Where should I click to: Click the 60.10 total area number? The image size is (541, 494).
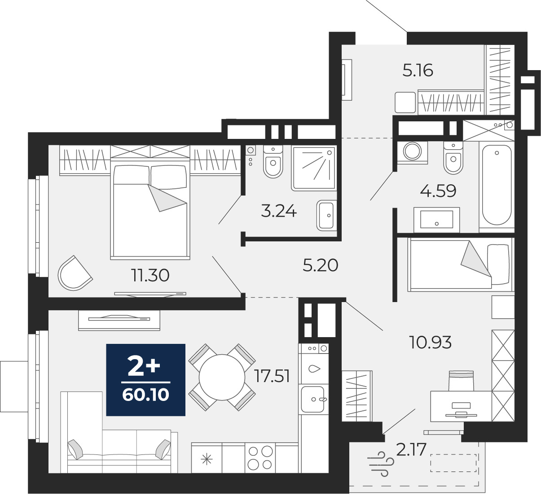[145, 395]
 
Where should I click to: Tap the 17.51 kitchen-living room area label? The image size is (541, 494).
[273, 376]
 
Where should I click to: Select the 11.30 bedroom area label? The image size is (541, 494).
[150, 276]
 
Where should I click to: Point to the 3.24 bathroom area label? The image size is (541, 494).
[279, 211]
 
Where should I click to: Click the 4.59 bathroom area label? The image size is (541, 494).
[438, 191]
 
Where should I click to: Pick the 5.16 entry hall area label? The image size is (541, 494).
[418, 70]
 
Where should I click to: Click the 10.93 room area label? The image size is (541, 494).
[430, 342]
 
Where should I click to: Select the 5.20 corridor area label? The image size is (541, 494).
[321, 265]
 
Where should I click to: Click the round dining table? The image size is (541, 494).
[222, 377]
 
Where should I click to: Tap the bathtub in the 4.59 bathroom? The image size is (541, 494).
[497, 186]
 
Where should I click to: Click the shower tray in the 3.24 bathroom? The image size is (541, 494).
[314, 168]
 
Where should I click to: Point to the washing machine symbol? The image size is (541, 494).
[412, 152]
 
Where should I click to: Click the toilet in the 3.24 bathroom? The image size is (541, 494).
[273, 161]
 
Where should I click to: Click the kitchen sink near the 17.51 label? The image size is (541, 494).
[313, 399]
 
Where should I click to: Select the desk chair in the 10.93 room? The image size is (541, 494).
[461, 381]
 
